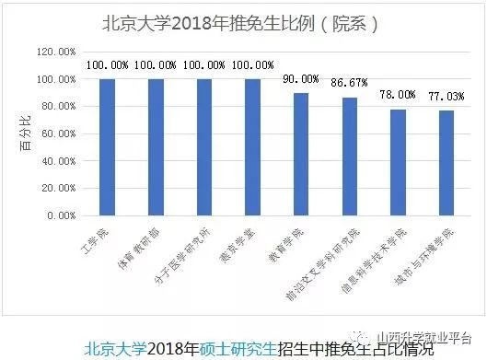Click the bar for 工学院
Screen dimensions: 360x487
(107, 147)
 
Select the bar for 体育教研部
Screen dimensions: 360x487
(156, 147)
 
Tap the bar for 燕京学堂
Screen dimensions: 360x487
(252, 147)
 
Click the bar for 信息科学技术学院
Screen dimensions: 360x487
(398, 162)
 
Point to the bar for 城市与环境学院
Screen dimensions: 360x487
(446, 163)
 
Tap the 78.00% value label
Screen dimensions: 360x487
(398, 95)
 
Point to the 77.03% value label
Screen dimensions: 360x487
(446, 97)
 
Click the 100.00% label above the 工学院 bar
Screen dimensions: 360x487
(107, 65)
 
